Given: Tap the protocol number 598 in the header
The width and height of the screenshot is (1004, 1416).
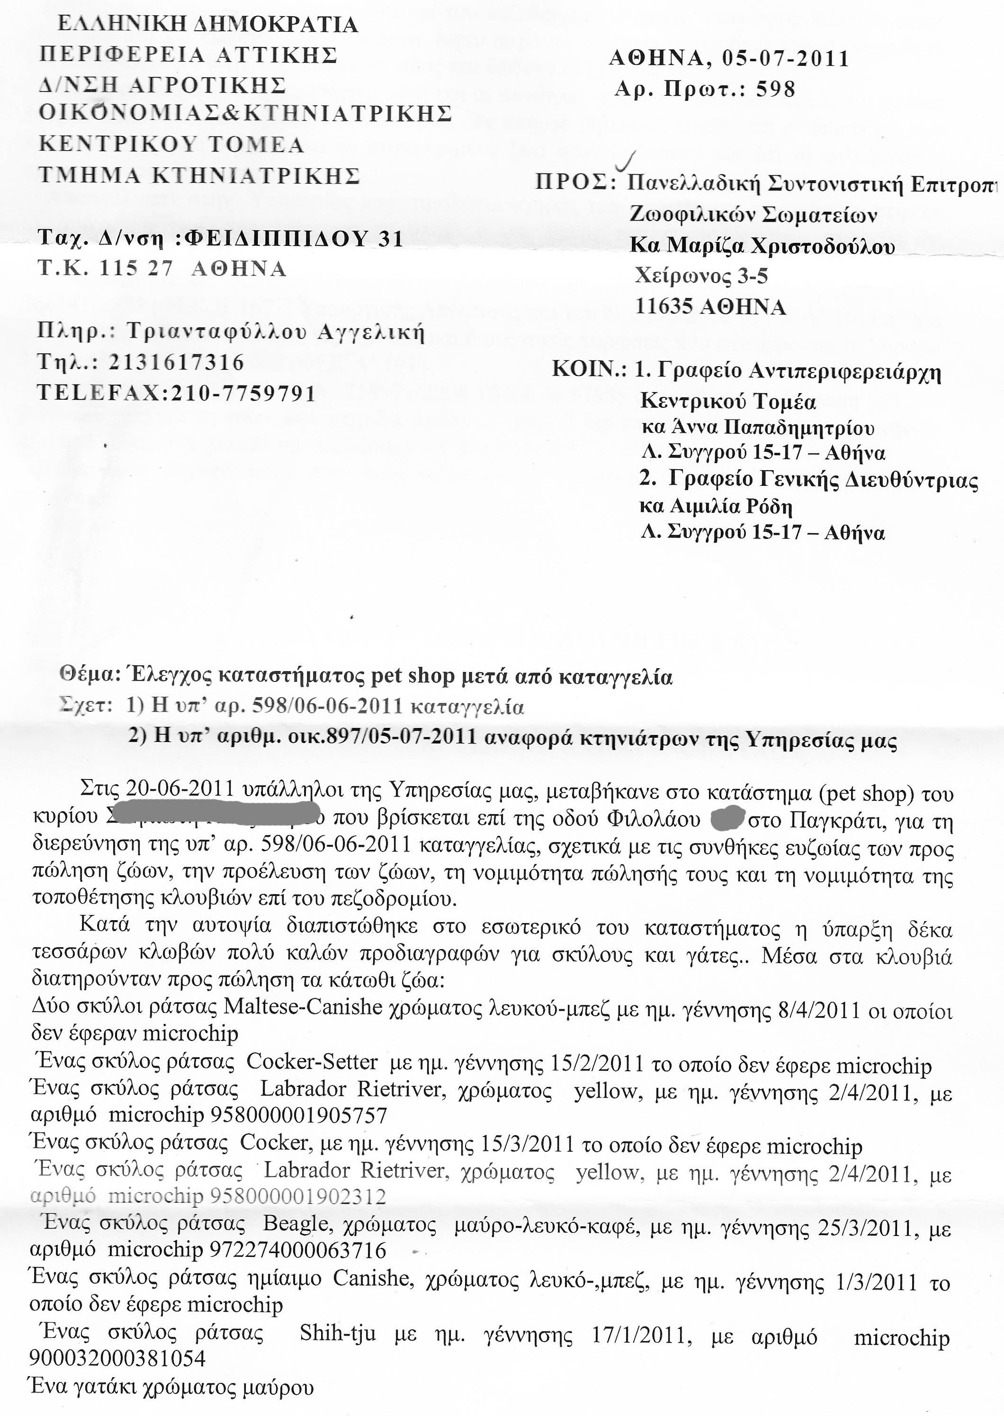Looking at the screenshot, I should (775, 90).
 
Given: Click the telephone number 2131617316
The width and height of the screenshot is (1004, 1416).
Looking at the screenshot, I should (177, 362).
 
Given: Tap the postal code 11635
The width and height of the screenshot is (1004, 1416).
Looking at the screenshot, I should (664, 306).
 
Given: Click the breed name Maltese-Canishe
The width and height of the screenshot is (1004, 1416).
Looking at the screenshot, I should (303, 1006).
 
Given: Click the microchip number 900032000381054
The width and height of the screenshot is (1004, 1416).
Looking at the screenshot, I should (117, 1357).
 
